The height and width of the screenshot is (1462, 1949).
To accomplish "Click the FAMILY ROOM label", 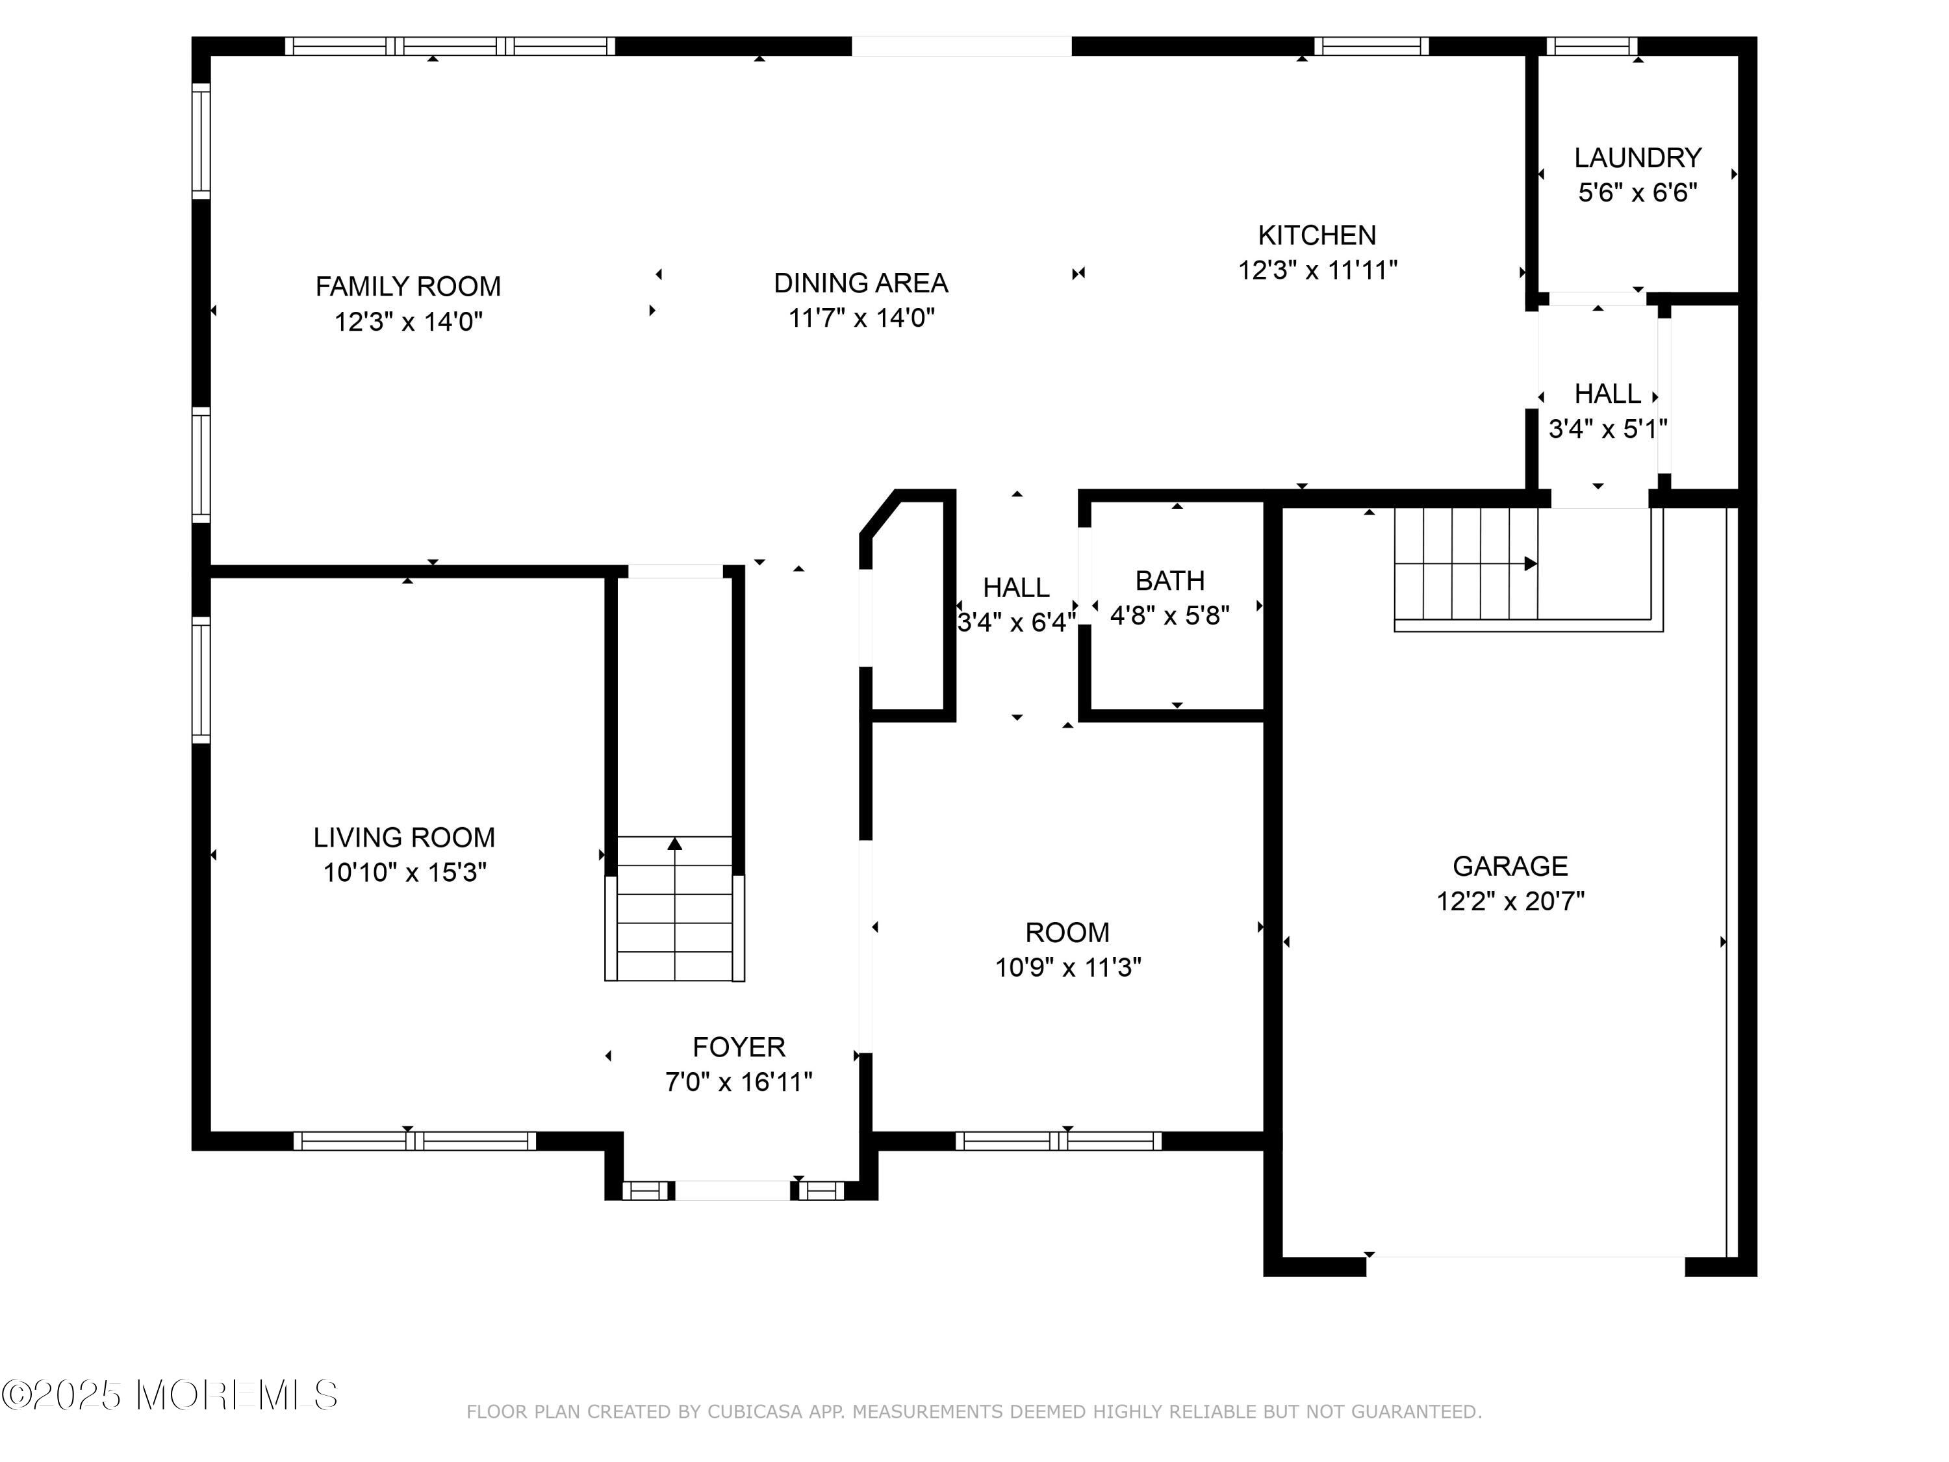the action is tap(408, 287).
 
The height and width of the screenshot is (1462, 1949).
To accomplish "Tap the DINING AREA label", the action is tap(861, 283).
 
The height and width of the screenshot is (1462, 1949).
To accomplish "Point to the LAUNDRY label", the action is tap(1637, 158).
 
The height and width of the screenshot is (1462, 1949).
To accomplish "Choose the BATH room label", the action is tap(1169, 581).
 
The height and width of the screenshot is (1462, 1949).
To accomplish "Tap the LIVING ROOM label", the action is tap(405, 837).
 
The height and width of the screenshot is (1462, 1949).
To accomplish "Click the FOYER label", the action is tap(739, 1047).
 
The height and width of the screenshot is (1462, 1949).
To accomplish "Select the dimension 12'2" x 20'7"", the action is tap(1510, 901).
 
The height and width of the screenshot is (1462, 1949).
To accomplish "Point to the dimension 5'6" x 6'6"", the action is tap(1637, 193).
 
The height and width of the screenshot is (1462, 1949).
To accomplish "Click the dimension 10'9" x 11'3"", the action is tap(1068, 968).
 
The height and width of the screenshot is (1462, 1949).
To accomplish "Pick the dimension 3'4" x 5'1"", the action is tap(1608, 429).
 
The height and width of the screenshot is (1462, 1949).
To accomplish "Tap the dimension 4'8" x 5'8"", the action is tap(1169, 615).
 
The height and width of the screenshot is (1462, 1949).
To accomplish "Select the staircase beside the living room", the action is tap(675, 908).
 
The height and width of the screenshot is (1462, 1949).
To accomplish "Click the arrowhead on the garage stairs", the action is tap(1531, 563).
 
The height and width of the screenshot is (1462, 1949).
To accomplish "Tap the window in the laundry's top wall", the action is tap(1592, 46).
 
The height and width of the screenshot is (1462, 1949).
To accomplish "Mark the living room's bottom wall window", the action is tap(414, 1140).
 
